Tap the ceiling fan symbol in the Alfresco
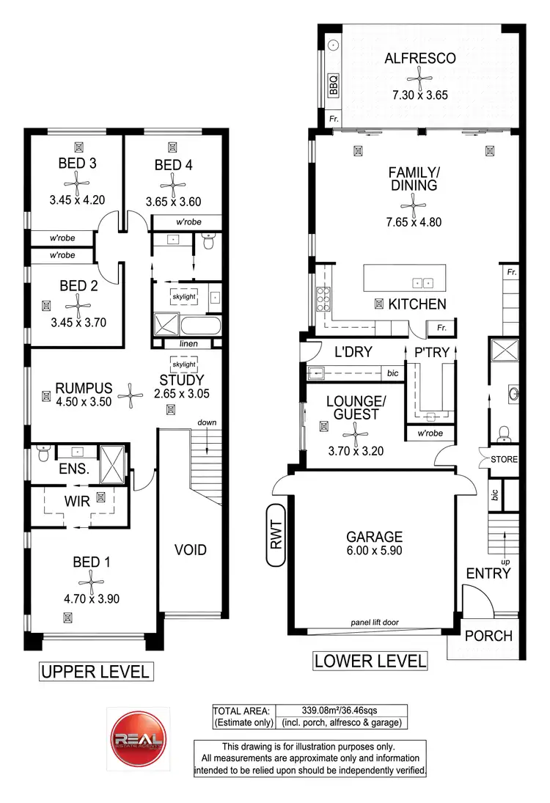[419, 76]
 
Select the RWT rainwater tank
[276, 535]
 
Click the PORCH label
[488, 635]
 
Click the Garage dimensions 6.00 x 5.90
[375, 550]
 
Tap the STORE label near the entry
[504, 459]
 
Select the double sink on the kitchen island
[422, 282]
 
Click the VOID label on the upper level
[191, 549]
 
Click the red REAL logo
[136, 736]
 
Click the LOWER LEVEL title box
[370, 660]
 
